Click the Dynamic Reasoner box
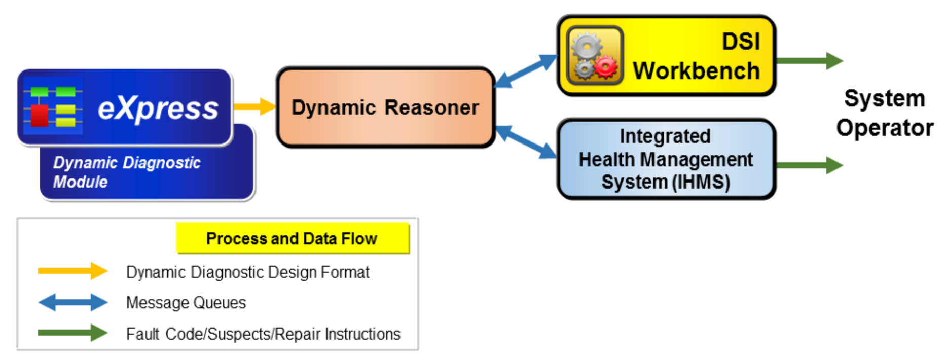pyautogui.click(x=385, y=107)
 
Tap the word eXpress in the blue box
pyautogui.click(x=158, y=109)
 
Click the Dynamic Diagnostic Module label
pyautogui.click(x=127, y=172)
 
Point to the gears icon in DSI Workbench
pyautogui.click(x=595, y=55)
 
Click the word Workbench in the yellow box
pyautogui.click(x=697, y=70)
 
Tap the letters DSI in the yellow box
pyautogui.click(x=741, y=42)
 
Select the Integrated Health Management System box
pyautogui.click(x=666, y=159)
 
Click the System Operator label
pyautogui.click(x=885, y=113)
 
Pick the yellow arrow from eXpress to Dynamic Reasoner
pyautogui.click(x=254, y=106)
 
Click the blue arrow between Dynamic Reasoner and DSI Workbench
pyautogui.click(x=526, y=70)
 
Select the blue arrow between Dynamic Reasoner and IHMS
pyautogui.click(x=526, y=142)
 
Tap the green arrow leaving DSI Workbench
pyautogui.click(x=810, y=61)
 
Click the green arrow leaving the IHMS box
pyautogui.click(x=810, y=165)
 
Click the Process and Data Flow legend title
pyautogui.click(x=292, y=238)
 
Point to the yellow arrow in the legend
pyautogui.click(x=73, y=271)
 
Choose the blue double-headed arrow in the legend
pyautogui.click(x=73, y=302)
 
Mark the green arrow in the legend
pyautogui.click(x=73, y=333)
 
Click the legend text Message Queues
pyautogui.click(x=186, y=303)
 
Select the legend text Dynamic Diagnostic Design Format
pyautogui.click(x=248, y=272)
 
